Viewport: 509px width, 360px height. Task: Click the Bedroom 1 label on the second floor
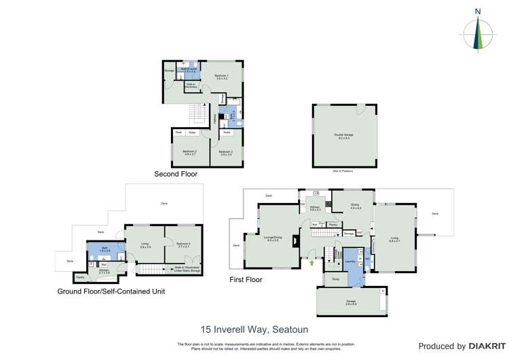tap(222, 76)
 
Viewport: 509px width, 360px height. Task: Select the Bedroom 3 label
tap(189, 152)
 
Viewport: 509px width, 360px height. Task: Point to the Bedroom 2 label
tap(226, 152)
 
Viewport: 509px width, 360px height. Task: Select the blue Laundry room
tap(351, 262)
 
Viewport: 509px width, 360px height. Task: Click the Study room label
tap(335, 279)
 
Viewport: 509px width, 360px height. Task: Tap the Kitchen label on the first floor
tap(315, 209)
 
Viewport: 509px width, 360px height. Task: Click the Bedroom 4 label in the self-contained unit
tap(184, 245)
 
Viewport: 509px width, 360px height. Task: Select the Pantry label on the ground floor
tap(80, 277)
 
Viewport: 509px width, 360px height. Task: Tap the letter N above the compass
tap(478, 11)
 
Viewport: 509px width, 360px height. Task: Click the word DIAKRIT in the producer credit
tap(485, 346)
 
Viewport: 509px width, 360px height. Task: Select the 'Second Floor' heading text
tap(175, 174)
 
